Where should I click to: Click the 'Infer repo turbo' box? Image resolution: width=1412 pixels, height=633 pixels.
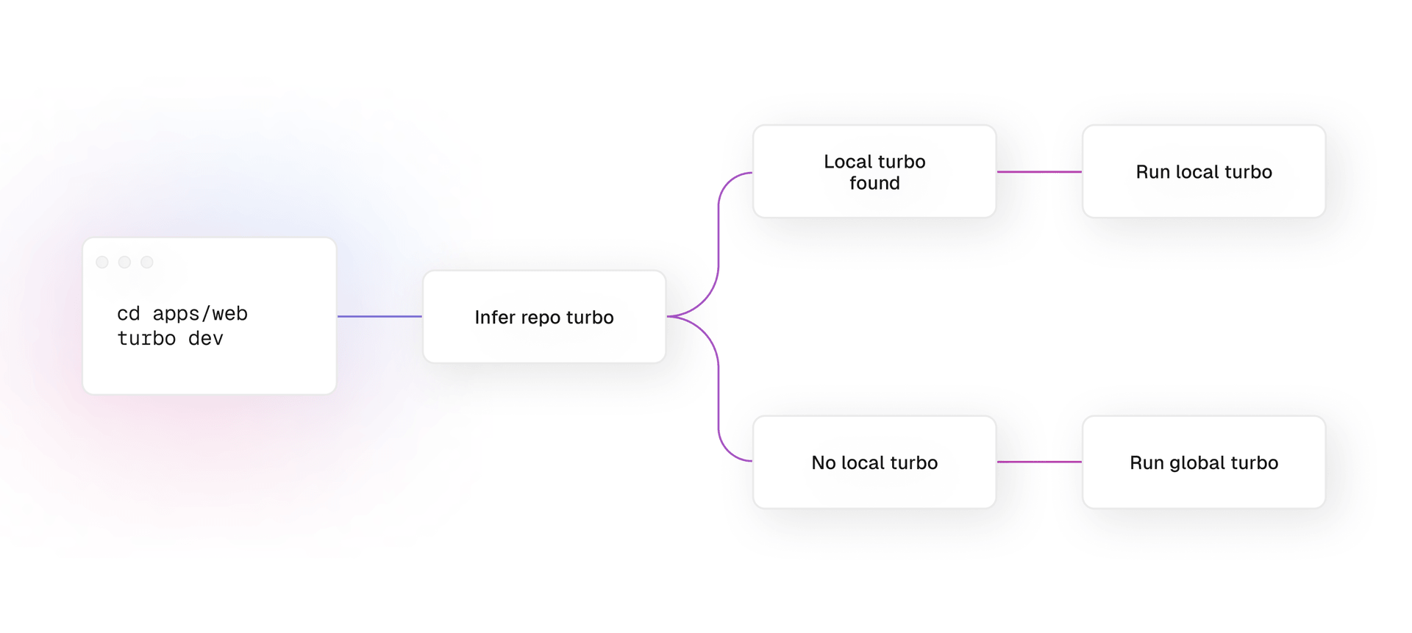coord(544,317)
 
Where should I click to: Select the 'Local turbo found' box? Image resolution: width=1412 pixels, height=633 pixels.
coord(874,171)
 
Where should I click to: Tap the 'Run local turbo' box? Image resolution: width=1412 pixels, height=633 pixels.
coord(1204,171)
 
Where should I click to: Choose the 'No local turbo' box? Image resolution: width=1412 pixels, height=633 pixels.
coord(874,462)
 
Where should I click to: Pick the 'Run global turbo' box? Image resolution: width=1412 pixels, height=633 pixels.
coord(1204,462)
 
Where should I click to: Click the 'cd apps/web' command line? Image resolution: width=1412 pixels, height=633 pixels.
coord(182,314)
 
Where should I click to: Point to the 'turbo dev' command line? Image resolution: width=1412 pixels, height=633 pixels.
coord(170,338)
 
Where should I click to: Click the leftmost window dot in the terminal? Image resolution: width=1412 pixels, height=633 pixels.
coord(102,262)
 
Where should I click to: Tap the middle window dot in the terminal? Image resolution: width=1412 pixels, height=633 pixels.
coord(124,262)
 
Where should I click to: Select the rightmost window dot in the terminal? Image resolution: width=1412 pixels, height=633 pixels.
coord(147,262)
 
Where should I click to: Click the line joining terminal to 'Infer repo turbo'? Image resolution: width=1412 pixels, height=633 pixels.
coord(379,317)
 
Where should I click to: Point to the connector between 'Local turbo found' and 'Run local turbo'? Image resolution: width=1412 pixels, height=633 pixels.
coord(1039,172)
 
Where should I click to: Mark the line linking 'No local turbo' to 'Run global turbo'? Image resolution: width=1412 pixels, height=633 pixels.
coord(1039,462)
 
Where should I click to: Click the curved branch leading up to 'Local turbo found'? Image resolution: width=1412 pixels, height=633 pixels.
coord(719,243)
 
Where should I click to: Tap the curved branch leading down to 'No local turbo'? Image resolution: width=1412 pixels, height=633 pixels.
coord(719,390)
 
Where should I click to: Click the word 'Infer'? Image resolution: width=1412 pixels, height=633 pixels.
coord(495,317)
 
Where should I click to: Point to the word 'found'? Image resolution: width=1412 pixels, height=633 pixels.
coord(874,183)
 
